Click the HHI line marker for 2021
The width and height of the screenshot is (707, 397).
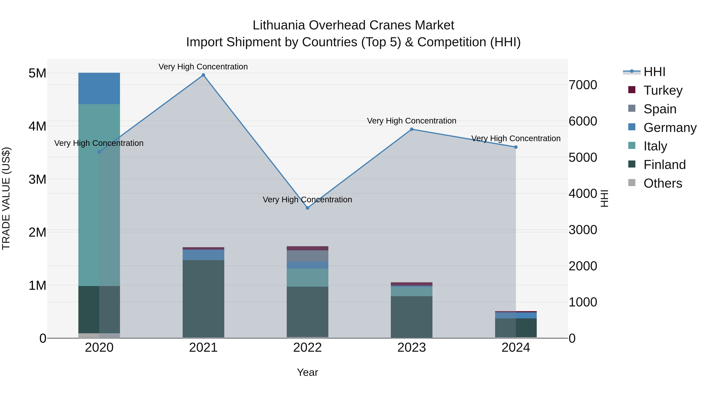pyautogui.click(x=203, y=75)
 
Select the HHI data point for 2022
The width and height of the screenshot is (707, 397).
pyautogui.click(x=307, y=208)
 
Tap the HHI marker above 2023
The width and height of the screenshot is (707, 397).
pyautogui.click(x=411, y=129)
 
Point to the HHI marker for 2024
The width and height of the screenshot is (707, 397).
pyautogui.click(x=516, y=147)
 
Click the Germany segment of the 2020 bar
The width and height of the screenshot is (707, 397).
pyautogui.click(x=99, y=88)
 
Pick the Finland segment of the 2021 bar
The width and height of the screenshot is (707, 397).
pyautogui.click(x=203, y=299)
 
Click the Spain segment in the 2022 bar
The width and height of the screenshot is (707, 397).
pyautogui.click(x=307, y=256)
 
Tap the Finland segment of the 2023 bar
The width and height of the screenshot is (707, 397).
pyautogui.click(x=411, y=317)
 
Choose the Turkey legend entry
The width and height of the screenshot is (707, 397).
pyautogui.click(x=663, y=90)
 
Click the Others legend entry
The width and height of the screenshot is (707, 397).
pyautogui.click(x=663, y=183)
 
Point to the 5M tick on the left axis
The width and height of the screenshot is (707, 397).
pyautogui.click(x=37, y=73)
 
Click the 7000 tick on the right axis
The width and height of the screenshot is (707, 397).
pyautogui.click(x=583, y=85)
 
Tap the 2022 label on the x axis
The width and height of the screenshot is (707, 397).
pyautogui.click(x=307, y=348)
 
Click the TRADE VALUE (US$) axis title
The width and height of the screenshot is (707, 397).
pyautogui.click(x=6, y=198)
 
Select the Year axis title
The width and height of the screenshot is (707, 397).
pyautogui.click(x=307, y=372)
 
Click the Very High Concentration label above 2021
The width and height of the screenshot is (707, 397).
pyautogui.click(x=203, y=67)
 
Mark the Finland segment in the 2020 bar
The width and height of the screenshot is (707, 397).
pyautogui.click(x=99, y=310)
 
